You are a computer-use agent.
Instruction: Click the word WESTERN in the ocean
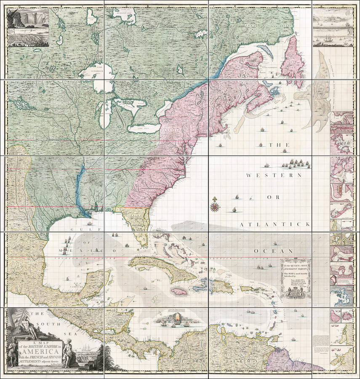(274, 175)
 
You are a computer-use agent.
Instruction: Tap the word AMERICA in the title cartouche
(36, 352)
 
